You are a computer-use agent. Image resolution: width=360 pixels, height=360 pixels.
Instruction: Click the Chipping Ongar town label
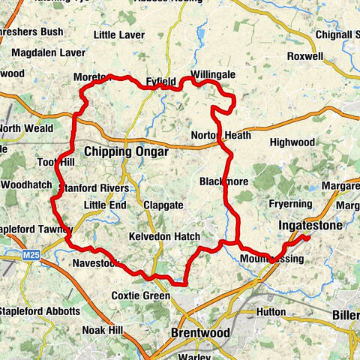[x=125, y=152]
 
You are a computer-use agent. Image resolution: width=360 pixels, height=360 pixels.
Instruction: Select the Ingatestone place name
[x=310, y=225]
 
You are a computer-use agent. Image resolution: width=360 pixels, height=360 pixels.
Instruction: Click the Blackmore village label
[x=223, y=181]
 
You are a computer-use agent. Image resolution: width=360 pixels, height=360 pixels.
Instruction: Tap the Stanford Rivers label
[x=94, y=188]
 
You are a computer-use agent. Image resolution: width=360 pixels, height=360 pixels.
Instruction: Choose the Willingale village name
[x=213, y=76]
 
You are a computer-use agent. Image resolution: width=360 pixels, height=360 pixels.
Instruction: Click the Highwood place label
[x=292, y=142]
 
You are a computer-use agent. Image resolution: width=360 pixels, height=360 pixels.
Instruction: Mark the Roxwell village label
[x=304, y=55]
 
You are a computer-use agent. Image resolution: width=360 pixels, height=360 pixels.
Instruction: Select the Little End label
[x=105, y=205]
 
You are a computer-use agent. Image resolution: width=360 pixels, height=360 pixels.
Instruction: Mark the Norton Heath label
[x=221, y=135]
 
